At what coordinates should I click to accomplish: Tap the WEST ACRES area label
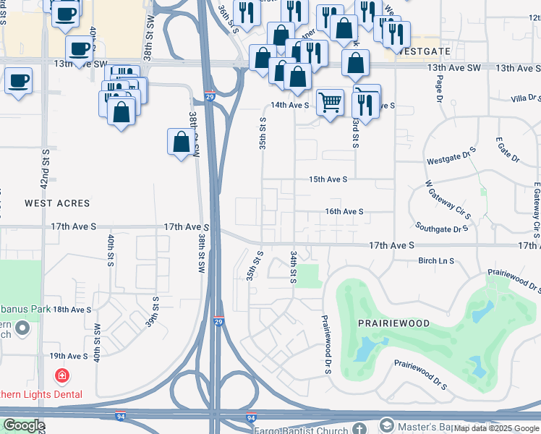[x=57, y=204]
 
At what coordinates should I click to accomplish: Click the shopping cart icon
[x=330, y=102]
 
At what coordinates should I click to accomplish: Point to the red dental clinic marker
[x=62, y=376]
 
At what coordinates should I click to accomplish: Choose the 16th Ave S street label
[x=344, y=211]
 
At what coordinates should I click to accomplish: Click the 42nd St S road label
[x=45, y=170]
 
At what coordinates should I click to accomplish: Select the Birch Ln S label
[x=436, y=260]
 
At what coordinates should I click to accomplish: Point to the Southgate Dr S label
[x=442, y=229]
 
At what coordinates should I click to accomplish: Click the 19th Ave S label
[x=68, y=356]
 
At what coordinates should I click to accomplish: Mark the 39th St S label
[x=151, y=311]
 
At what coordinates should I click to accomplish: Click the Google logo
[x=24, y=426]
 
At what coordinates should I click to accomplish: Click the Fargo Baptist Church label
[x=300, y=431]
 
